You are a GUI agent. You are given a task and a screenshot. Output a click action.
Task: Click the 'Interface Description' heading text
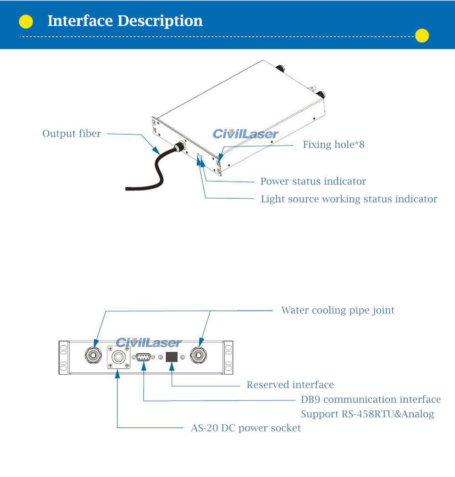(125, 21)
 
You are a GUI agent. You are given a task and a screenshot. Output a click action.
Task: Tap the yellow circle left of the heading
(26, 21)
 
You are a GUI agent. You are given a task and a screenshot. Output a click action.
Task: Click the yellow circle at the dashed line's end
(422, 35)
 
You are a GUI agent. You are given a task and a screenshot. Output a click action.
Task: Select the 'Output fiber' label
(71, 134)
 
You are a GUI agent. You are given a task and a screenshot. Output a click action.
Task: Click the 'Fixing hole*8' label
(334, 145)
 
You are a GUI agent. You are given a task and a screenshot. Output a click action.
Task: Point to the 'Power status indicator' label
(313, 181)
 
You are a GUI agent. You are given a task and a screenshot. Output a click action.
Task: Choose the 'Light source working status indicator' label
(349, 199)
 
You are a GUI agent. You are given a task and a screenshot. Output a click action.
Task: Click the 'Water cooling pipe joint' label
(338, 310)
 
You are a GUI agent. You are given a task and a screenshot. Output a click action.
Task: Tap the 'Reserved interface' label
(290, 385)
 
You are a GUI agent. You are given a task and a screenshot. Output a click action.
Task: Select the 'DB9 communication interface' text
(370, 399)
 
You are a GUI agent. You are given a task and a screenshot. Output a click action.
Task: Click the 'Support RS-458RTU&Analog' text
(367, 414)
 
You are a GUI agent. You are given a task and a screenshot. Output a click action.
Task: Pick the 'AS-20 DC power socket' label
(245, 428)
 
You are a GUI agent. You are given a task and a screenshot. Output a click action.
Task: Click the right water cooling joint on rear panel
(199, 355)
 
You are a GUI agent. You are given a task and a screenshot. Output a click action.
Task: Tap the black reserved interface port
(171, 356)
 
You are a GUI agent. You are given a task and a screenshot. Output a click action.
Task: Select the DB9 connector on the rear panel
(143, 357)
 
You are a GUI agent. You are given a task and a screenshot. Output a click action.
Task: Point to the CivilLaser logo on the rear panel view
(148, 342)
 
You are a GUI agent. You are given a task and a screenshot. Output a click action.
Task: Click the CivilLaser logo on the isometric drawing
(246, 134)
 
